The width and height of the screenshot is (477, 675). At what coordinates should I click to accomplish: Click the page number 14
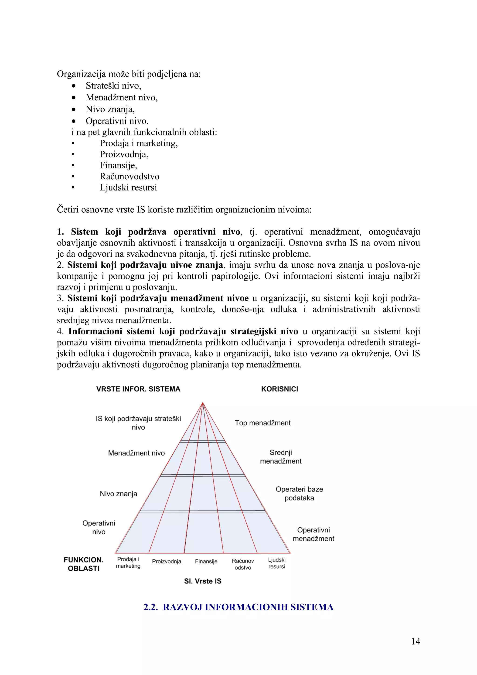pos(416,641)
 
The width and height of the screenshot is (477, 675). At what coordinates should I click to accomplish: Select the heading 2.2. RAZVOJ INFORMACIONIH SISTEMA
pos(238,607)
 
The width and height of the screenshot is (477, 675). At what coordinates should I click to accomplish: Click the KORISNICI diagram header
pos(279,389)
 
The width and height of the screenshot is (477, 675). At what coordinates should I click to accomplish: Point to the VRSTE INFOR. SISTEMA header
pos(138,389)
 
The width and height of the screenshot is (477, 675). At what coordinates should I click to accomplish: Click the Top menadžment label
pos(262,423)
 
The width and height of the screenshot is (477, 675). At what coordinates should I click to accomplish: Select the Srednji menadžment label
pos(281,457)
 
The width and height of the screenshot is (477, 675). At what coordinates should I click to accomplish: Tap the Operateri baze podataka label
pos(299,494)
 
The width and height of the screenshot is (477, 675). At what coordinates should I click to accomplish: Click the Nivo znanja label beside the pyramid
pos(119,494)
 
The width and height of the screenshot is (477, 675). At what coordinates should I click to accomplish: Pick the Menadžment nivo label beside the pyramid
pos(136,453)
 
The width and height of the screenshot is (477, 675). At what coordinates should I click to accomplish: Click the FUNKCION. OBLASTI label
pos(83,564)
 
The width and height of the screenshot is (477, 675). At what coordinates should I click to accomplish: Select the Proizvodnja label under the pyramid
pos(166,561)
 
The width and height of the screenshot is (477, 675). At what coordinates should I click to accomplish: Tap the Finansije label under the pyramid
pos(206,561)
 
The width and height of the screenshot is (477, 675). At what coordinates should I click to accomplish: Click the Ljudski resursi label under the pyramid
pos(276,563)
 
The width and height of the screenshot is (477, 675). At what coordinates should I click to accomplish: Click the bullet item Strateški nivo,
pos(113,85)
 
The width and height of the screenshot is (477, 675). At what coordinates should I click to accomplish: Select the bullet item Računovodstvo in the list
pos(129,176)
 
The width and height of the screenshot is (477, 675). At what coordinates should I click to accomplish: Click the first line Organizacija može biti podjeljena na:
pos(129,74)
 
